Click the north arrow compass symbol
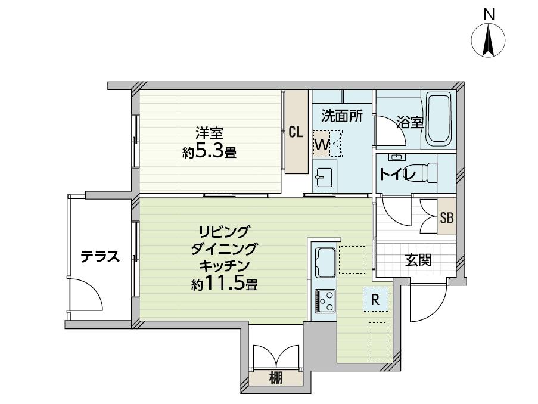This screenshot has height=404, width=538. [x=488, y=39]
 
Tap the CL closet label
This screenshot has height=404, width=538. [x=296, y=132]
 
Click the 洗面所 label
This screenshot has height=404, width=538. [x=342, y=117]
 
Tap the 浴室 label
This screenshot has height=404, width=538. [x=410, y=122]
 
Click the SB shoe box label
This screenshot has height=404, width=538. [x=447, y=217]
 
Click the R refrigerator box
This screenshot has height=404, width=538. [x=376, y=299]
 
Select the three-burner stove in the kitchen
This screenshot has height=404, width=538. [x=325, y=301]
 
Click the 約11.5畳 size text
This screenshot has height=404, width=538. [x=225, y=284]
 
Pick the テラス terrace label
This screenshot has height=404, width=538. [x=100, y=256]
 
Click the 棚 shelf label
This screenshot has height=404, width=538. [x=276, y=378]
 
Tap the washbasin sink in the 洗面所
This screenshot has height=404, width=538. [x=324, y=178]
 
